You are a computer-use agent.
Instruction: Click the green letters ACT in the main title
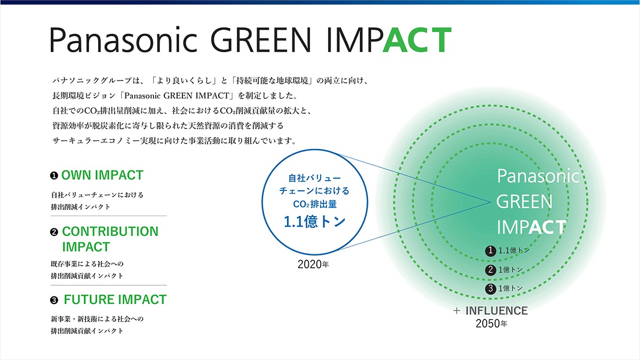[417, 39]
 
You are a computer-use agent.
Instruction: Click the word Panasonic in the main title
[123, 39]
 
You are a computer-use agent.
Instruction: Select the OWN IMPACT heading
[102, 175]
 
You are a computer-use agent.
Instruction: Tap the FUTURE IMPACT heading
[115, 300]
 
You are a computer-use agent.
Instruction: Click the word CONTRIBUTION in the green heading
[110, 231]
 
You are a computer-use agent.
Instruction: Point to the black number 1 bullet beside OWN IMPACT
[54, 175]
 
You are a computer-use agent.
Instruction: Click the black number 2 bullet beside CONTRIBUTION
[54, 232]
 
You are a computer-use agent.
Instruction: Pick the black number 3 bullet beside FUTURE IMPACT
[54, 300]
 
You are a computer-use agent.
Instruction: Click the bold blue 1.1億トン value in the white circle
[315, 222]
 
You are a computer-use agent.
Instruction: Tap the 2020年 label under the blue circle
[313, 265]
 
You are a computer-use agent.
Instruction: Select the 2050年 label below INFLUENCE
[491, 324]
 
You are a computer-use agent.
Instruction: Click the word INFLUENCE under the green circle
[497, 311]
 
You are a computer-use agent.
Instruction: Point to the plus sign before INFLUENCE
[457, 311]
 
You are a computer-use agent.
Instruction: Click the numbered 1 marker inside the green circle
[491, 251]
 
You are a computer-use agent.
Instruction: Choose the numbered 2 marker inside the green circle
[491, 270]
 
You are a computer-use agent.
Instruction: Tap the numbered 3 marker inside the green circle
[491, 289]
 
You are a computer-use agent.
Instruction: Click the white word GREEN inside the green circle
[524, 202]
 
